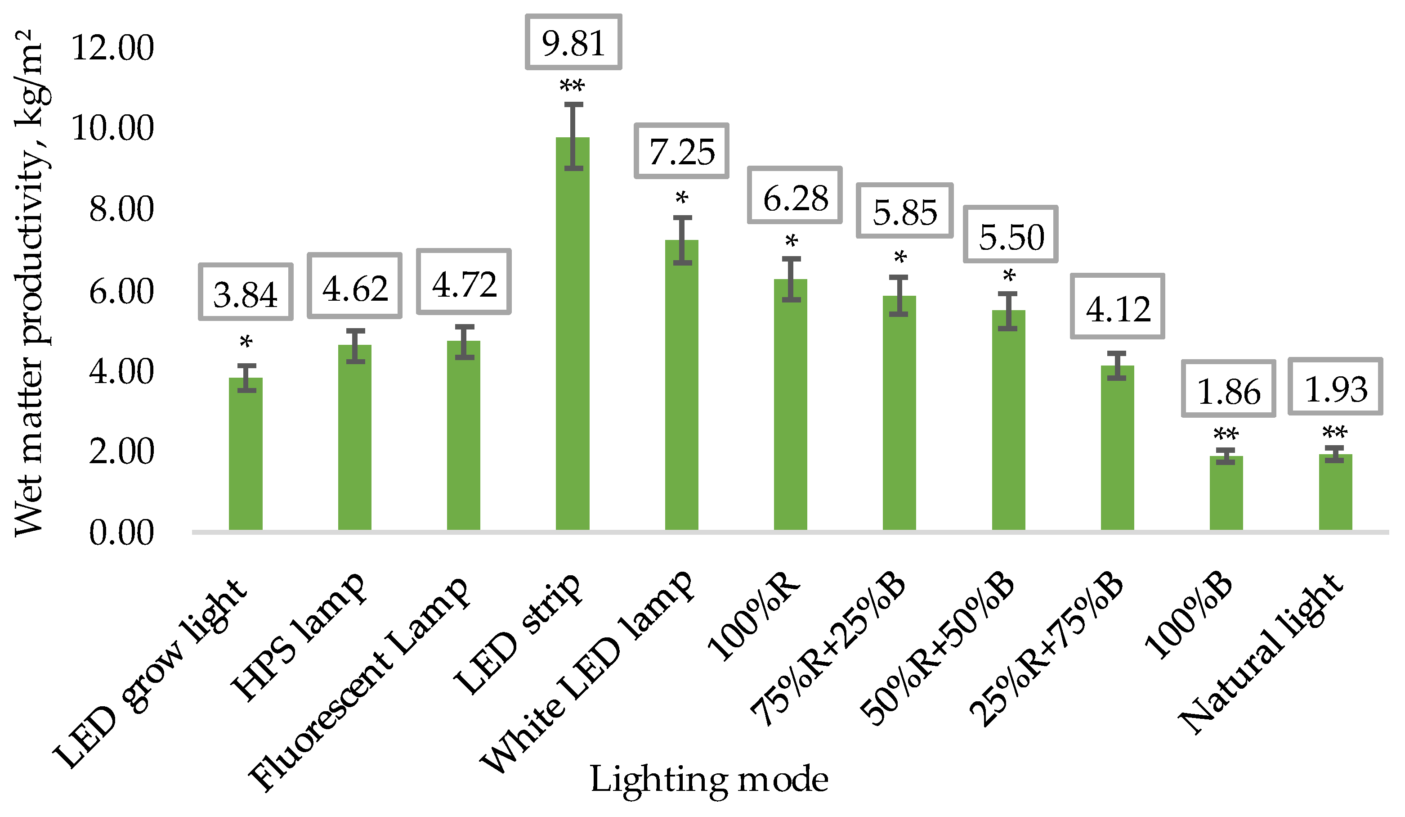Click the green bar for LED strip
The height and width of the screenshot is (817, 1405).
click(573, 335)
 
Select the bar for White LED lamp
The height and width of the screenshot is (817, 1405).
click(681, 385)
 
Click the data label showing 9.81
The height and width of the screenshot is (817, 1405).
click(573, 43)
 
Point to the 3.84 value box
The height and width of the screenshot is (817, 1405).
click(245, 293)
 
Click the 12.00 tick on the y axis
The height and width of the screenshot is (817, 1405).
click(112, 48)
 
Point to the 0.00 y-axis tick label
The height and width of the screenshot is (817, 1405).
click(121, 533)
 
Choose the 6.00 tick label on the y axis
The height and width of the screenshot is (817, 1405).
click(121, 291)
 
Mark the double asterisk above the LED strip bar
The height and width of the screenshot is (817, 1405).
click(572, 86)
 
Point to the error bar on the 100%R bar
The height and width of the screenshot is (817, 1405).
click(791, 279)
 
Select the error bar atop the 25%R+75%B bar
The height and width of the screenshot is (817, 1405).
click(1117, 366)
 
